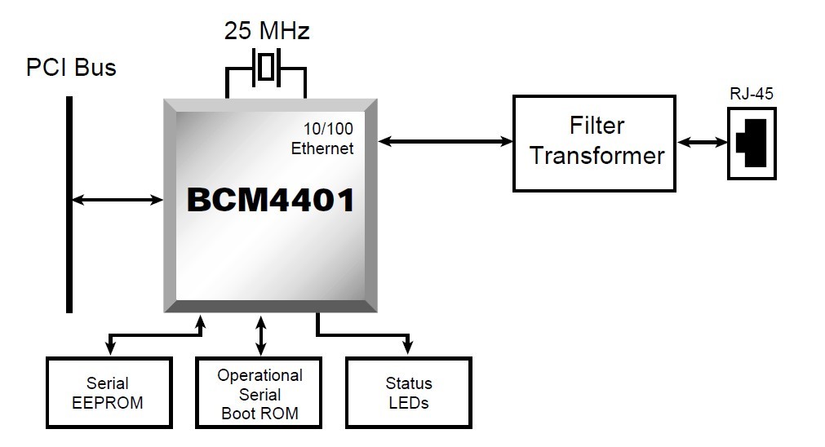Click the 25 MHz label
coord(267,32)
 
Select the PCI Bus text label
coord(71,67)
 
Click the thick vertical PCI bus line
coord(69,204)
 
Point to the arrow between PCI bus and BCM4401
coord(118,199)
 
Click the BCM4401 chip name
coord(270,200)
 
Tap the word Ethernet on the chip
coord(322,148)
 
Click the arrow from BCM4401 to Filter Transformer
coord(446,142)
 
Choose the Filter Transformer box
coord(594,144)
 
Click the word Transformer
coord(597,156)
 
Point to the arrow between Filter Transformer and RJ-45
coord(702,143)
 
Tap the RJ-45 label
coord(752,94)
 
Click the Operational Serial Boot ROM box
coord(260,393)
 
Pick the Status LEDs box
coord(408,393)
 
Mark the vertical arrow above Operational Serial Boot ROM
coord(261,336)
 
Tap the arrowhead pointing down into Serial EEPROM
coord(110,350)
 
